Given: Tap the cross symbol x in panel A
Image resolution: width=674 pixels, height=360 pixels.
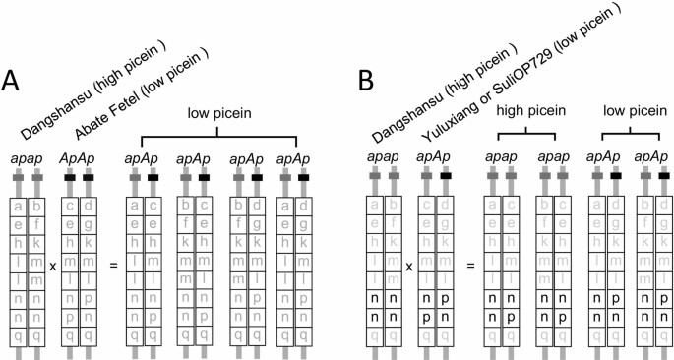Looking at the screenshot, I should (x=52, y=266).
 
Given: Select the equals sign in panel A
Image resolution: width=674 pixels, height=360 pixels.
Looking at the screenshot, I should (x=114, y=266).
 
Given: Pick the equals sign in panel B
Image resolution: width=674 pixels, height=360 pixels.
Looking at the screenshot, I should (x=470, y=266).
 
